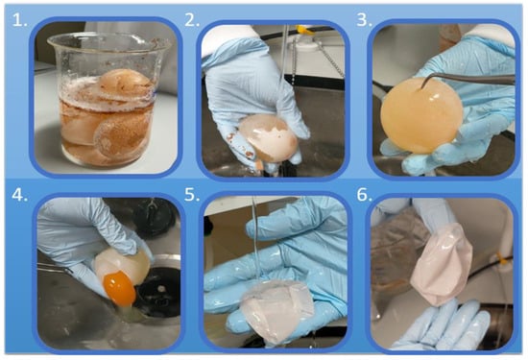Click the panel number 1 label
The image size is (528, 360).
pos(19,20)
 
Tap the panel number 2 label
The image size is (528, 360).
pos(192,20)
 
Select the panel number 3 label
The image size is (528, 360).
pos(365,20)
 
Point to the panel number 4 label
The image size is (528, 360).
pos(20,195)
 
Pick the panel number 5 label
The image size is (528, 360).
pos(192,195)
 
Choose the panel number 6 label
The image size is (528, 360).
pos(365,195)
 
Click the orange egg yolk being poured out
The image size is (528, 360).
pos(119,288)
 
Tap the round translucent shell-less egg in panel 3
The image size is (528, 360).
pos(421,115)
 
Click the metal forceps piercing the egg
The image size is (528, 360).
pos(468,80)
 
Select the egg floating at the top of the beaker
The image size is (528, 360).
pos(125,83)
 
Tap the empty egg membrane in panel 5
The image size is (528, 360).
pos(277,310)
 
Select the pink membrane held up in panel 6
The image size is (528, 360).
pos(442,264)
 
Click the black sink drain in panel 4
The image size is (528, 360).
pos(158,291)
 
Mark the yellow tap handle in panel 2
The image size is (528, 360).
pos(305,31)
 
